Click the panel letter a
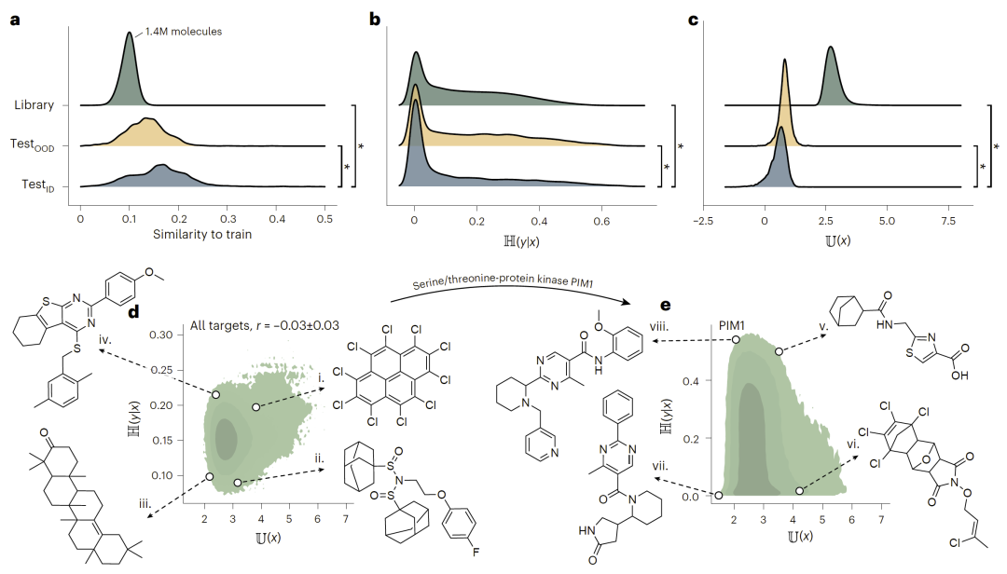coord(16,17)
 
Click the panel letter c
coord(693,17)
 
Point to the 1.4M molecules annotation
coord(184,32)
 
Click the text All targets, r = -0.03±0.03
coord(264,324)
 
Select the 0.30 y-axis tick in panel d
coord(166,335)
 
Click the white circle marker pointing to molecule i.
coord(255,407)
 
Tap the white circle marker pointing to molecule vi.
coord(799,490)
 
